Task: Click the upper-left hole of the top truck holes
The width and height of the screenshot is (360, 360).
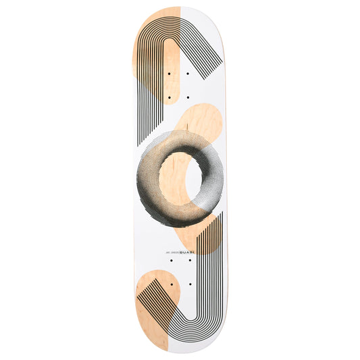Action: [168, 72]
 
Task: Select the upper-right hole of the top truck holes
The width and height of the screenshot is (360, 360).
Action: [191, 72]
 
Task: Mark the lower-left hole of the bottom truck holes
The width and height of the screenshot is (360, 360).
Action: [168, 286]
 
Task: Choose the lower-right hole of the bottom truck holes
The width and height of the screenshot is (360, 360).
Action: [191, 286]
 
